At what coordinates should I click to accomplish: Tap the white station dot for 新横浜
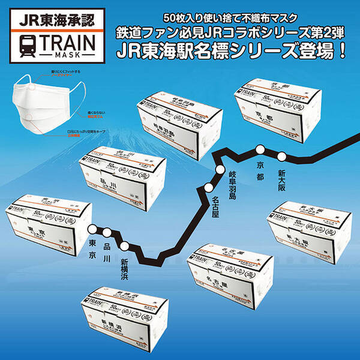pyautogui.click(x=125, y=245)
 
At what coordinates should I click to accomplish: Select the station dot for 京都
pyautogui.click(x=260, y=150)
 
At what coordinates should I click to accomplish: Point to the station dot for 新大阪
pyautogui.click(x=280, y=157)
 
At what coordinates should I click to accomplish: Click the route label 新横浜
pyautogui.click(x=124, y=269)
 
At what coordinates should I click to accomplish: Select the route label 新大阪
pyautogui.click(x=281, y=179)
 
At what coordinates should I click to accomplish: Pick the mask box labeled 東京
pyautogui.click(x=48, y=220)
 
